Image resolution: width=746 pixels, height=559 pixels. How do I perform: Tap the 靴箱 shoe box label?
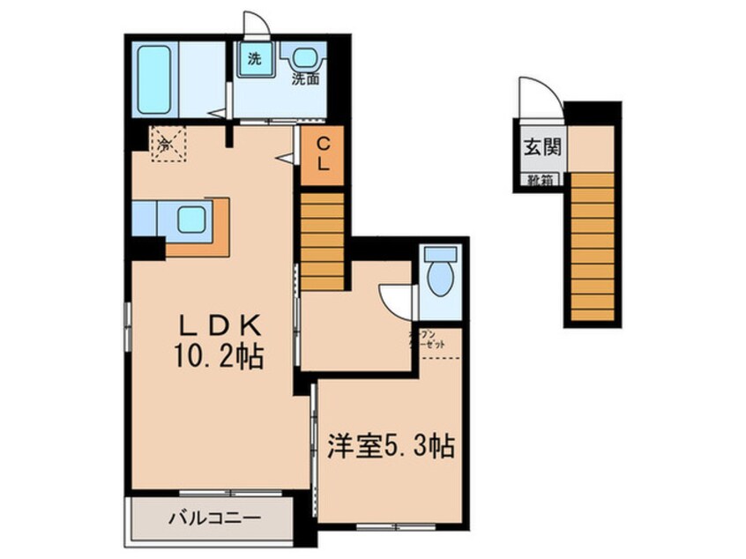pos(541,182)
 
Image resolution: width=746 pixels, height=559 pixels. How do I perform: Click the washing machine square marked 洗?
pos(255,60)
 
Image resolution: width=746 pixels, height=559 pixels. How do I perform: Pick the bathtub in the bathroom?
pos(155,79)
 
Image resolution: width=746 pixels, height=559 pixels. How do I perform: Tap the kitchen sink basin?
pos(191,219)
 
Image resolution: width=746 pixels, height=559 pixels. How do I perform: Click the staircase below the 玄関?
pos(590,247)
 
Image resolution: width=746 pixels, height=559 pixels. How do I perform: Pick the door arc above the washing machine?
pos(255,23)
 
